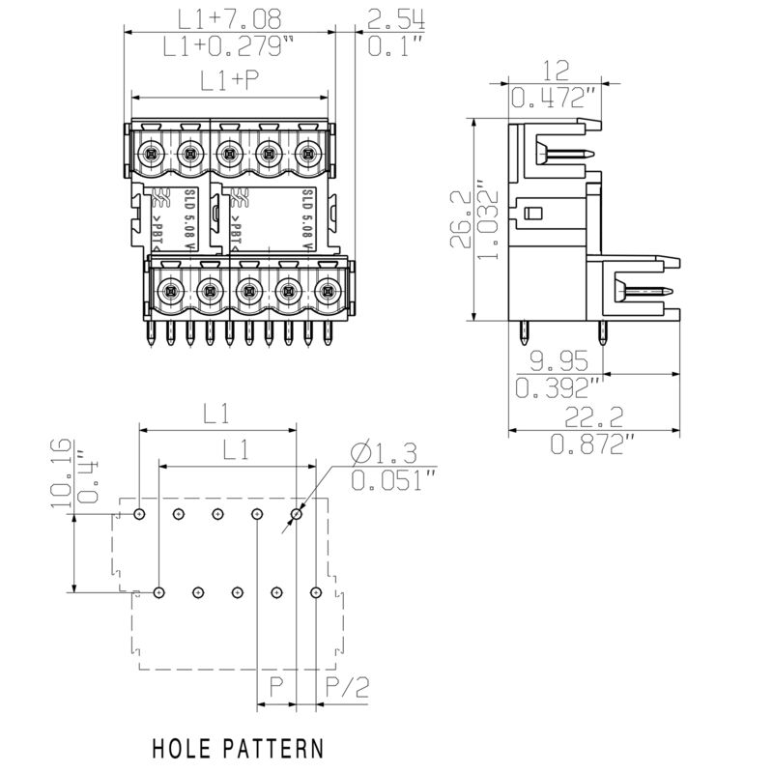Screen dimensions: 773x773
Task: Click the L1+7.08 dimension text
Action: pos(230,18)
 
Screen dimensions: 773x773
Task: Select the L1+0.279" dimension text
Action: pos(230,44)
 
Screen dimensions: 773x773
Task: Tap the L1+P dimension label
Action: pos(230,82)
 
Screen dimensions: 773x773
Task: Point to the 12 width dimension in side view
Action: pos(554,71)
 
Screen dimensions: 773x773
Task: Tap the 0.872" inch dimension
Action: pos(591,444)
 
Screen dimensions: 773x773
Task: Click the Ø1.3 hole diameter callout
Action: pos(386,452)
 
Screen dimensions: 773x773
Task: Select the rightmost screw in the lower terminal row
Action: pos(328,288)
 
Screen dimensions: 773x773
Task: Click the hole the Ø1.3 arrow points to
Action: pos(297,514)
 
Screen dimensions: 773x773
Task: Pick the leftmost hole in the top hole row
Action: pos(140,514)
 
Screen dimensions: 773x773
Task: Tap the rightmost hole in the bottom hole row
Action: pos(315,591)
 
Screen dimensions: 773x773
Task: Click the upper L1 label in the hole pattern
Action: pos(216,415)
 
